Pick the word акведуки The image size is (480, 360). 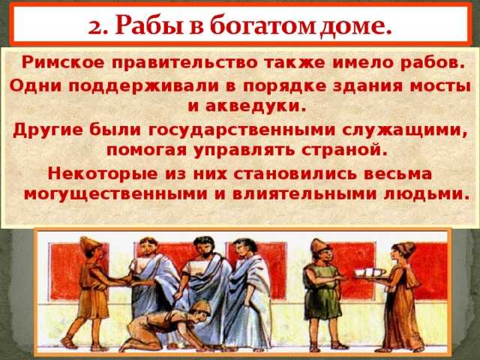(256, 106)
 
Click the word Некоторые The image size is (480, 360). (103, 174)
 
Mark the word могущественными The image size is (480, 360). (115, 194)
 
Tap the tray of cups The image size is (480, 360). (370, 273)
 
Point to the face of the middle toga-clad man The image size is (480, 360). (202, 248)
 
